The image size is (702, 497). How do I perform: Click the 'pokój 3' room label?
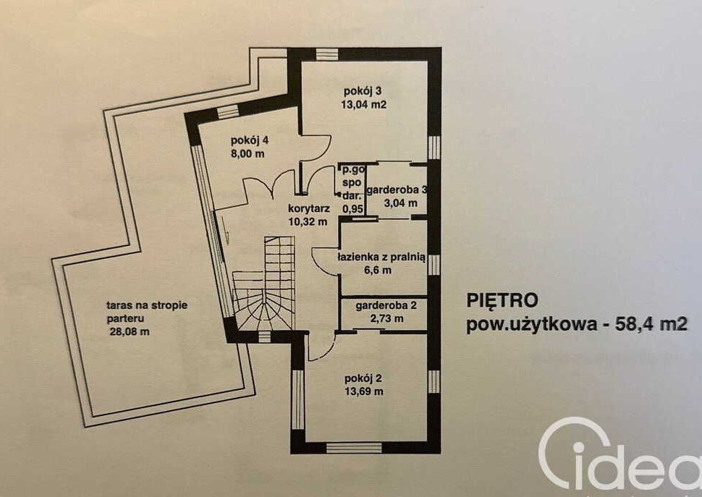coord(363,91)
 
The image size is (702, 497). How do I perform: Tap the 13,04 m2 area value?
coord(363,105)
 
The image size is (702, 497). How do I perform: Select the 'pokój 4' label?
coord(250,140)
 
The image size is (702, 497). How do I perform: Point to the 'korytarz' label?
coord(309,208)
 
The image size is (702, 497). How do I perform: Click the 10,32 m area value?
coord(308,221)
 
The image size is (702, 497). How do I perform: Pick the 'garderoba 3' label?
coord(397,190)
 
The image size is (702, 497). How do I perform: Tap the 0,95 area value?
coord(352,208)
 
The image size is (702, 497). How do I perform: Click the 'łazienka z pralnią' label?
coord(381,258)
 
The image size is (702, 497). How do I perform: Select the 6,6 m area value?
coord(379,270)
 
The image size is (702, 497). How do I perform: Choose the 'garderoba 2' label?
coord(386,305)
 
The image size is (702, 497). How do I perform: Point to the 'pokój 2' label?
coord(363,378)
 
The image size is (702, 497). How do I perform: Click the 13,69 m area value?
coord(363,391)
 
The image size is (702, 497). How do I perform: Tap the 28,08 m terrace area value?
coord(130,332)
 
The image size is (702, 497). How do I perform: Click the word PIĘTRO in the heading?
coord(502,300)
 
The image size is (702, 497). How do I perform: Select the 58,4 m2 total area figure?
coord(651,323)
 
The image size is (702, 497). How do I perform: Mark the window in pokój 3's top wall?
coord(327,54)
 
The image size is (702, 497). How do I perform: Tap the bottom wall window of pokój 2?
coord(354,447)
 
